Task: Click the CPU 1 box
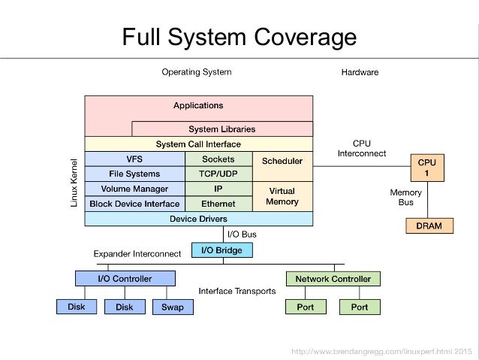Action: point(426,167)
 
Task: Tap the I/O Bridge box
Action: point(222,250)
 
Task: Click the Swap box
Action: point(173,307)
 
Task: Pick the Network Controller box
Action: point(333,279)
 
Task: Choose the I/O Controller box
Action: point(125,279)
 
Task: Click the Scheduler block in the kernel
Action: point(282,161)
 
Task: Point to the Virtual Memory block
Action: point(282,196)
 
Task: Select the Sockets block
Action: point(218,159)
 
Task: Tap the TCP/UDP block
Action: point(218,174)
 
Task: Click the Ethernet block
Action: point(218,204)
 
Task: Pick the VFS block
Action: point(134,159)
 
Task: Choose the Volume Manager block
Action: point(134,189)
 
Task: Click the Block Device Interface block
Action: point(134,204)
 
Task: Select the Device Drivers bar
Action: point(198,219)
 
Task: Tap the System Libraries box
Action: point(222,129)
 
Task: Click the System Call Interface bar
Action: point(198,144)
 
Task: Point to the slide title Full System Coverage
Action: point(239,37)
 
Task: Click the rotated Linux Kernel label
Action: point(74,183)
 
